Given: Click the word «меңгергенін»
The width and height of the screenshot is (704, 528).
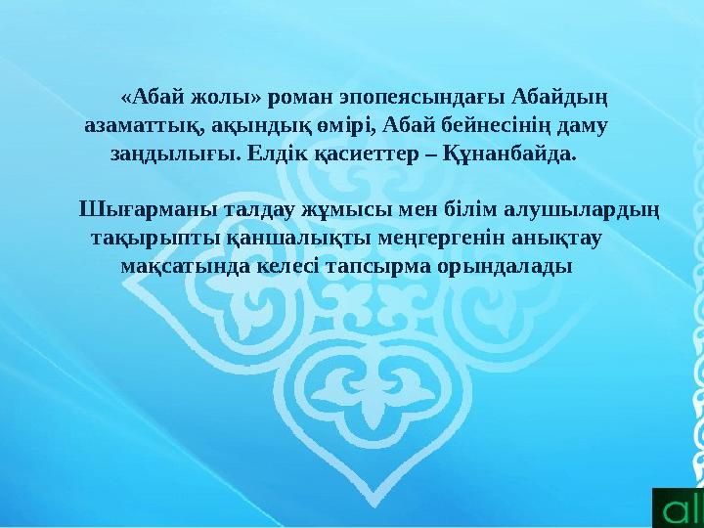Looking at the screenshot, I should [x=407, y=238].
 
